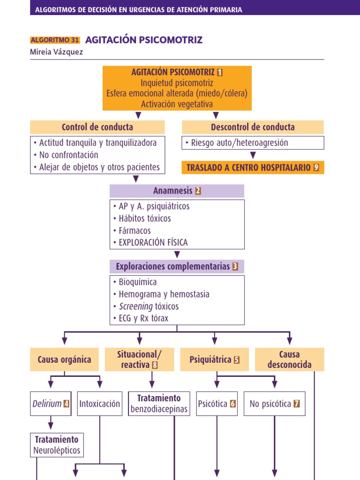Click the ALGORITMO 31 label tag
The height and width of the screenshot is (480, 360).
[x=55, y=40]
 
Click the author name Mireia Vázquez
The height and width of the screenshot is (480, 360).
[x=56, y=52]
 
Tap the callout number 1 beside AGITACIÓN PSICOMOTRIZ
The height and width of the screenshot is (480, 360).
[x=220, y=72]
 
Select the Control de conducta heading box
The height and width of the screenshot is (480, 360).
[x=97, y=127]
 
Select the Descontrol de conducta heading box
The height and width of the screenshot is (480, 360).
[x=253, y=127]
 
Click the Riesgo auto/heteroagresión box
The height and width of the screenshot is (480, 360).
[x=253, y=143]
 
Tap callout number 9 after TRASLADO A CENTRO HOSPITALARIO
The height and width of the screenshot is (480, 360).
[x=316, y=167]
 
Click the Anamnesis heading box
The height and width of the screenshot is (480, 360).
[x=177, y=191]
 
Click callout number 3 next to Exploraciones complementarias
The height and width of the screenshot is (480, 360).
[x=235, y=267]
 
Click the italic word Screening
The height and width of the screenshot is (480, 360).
[x=135, y=306]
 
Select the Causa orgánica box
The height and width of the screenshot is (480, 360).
[x=65, y=360]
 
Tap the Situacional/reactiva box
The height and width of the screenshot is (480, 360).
[x=139, y=360]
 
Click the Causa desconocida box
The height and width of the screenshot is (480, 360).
[x=289, y=360]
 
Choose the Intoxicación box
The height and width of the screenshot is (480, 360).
[x=100, y=404]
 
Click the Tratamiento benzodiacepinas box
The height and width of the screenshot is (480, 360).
[x=159, y=404]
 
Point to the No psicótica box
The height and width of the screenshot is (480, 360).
[x=274, y=404]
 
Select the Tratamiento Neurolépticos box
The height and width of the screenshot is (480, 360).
[x=57, y=445]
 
